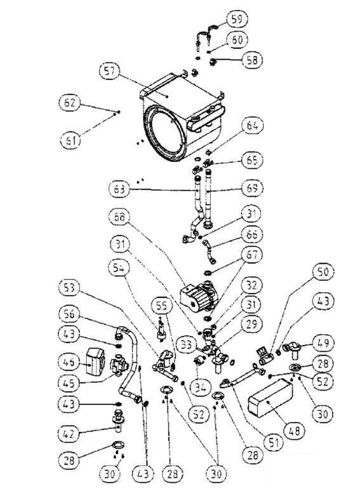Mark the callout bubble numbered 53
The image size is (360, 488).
75,287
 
